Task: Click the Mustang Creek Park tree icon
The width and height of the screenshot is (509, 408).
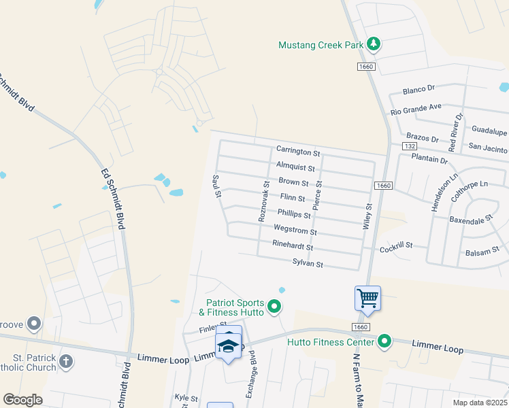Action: click(x=373, y=45)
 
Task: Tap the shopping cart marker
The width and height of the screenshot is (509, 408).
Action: click(x=367, y=297)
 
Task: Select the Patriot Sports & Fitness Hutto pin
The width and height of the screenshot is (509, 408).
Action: click(x=274, y=307)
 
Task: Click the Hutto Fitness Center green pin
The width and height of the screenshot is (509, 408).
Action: click(x=384, y=341)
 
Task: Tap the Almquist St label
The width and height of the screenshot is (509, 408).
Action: click(x=295, y=167)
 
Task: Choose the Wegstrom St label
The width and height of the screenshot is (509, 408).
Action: click(x=295, y=231)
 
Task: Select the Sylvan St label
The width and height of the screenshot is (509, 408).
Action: click(x=308, y=262)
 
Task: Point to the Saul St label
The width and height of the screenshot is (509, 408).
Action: click(x=217, y=186)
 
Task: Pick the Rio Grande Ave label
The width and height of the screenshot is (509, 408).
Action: click(x=416, y=108)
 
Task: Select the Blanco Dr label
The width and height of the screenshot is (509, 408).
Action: click(x=418, y=89)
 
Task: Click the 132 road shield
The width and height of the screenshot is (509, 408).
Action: click(x=409, y=146)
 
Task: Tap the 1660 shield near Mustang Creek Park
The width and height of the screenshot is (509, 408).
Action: click(x=365, y=65)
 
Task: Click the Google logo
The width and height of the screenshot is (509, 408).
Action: click(x=22, y=400)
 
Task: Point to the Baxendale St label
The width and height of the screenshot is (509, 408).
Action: click(x=470, y=220)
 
